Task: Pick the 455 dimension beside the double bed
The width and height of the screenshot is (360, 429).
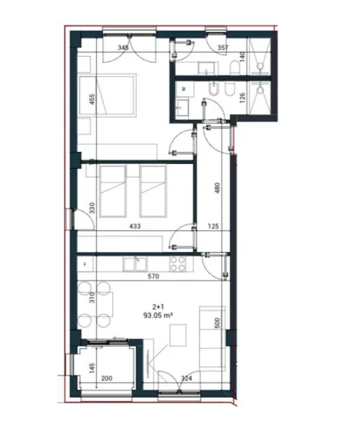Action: coord(93,100)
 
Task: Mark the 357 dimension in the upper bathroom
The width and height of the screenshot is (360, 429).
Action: coord(223,48)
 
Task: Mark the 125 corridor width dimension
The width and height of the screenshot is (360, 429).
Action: coord(212,227)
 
